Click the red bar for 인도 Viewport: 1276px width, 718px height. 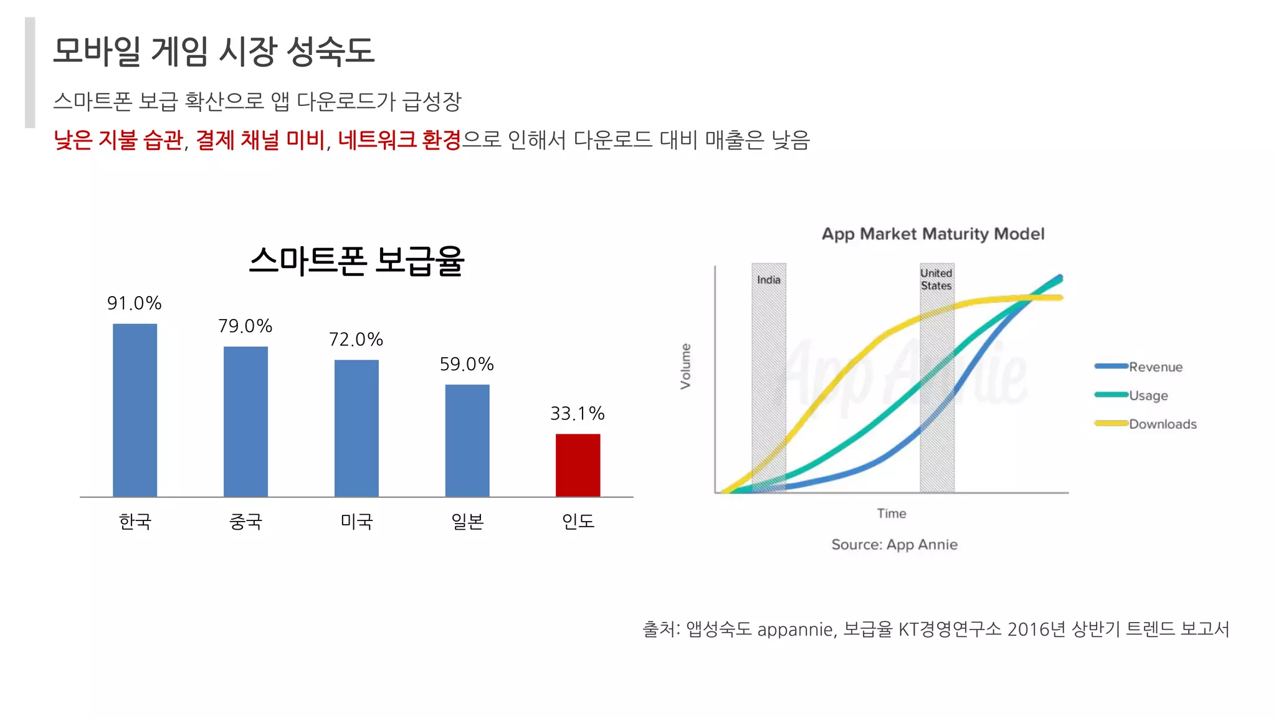point(578,465)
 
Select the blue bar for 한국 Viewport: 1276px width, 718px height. point(135,410)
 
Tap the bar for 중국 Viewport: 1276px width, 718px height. point(245,421)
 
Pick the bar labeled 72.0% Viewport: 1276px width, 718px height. point(356,428)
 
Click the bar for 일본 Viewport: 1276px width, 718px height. point(467,440)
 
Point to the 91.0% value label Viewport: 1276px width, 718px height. point(134,304)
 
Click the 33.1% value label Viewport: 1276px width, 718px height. point(578,414)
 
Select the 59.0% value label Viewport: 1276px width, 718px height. point(467,365)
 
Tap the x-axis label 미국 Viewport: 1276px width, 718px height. point(356,521)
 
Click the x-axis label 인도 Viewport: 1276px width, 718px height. point(578,521)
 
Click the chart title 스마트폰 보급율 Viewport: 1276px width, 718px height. point(356,261)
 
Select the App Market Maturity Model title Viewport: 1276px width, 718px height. point(933,234)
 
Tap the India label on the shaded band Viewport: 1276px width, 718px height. point(769,280)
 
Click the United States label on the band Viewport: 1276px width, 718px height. point(936,279)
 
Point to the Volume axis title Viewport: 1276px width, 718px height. point(686,366)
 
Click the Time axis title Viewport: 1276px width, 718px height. point(892,514)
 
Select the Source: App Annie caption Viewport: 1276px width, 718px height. point(894,545)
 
